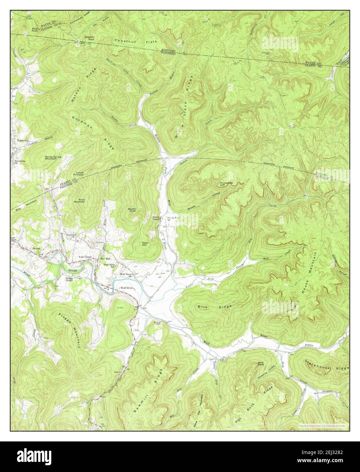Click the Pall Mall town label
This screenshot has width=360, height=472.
click(x=105, y=258)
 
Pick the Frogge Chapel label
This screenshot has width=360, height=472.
click(x=69, y=279)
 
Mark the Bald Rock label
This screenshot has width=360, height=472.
click(x=35, y=30)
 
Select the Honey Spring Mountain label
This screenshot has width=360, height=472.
click(x=51, y=158)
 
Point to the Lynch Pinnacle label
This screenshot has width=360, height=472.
click(x=79, y=174)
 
